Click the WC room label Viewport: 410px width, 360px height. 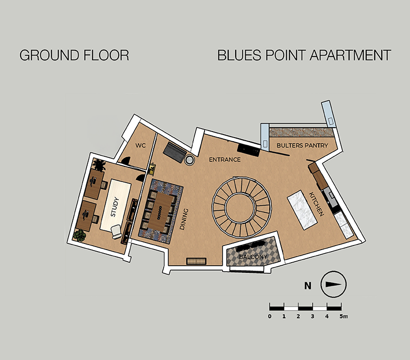[141, 145]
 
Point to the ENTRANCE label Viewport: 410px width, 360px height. [225, 160]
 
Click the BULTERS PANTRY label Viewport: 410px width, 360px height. [302, 146]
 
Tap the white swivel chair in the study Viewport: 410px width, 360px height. [116, 231]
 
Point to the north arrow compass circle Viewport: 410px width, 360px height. [333, 285]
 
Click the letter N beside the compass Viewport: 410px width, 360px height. [308, 285]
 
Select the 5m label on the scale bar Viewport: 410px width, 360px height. [344, 316]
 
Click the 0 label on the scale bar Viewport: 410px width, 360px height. [270, 316]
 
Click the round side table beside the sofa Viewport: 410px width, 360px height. [189, 160]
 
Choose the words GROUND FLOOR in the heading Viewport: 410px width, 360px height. [74, 55]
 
